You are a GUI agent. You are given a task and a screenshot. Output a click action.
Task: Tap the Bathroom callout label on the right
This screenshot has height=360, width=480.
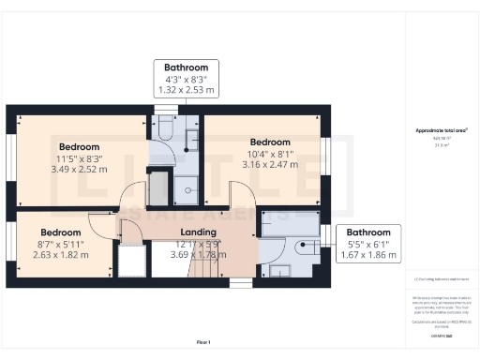click(x=368, y=232)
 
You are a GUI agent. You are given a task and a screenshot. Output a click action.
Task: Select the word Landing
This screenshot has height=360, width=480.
click(x=198, y=232)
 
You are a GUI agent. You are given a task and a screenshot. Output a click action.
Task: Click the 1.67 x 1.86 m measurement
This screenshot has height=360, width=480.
click(x=368, y=255)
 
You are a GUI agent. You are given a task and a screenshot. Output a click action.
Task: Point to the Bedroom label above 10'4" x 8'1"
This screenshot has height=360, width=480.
click(x=270, y=142)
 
